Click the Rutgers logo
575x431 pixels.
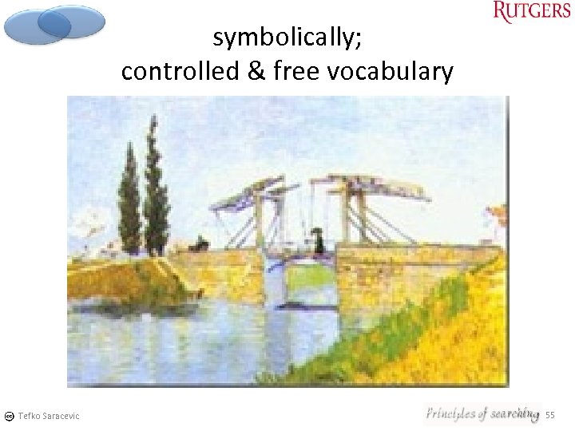coord(531,12)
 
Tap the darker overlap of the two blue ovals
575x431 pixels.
coord(55,22)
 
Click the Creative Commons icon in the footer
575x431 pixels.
coord(8,416)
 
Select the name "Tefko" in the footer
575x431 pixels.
coord(29,416)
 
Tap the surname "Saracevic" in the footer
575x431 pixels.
coord(61,416)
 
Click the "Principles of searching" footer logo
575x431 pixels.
coord(482,413)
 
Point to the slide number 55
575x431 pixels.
coord(549,415)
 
